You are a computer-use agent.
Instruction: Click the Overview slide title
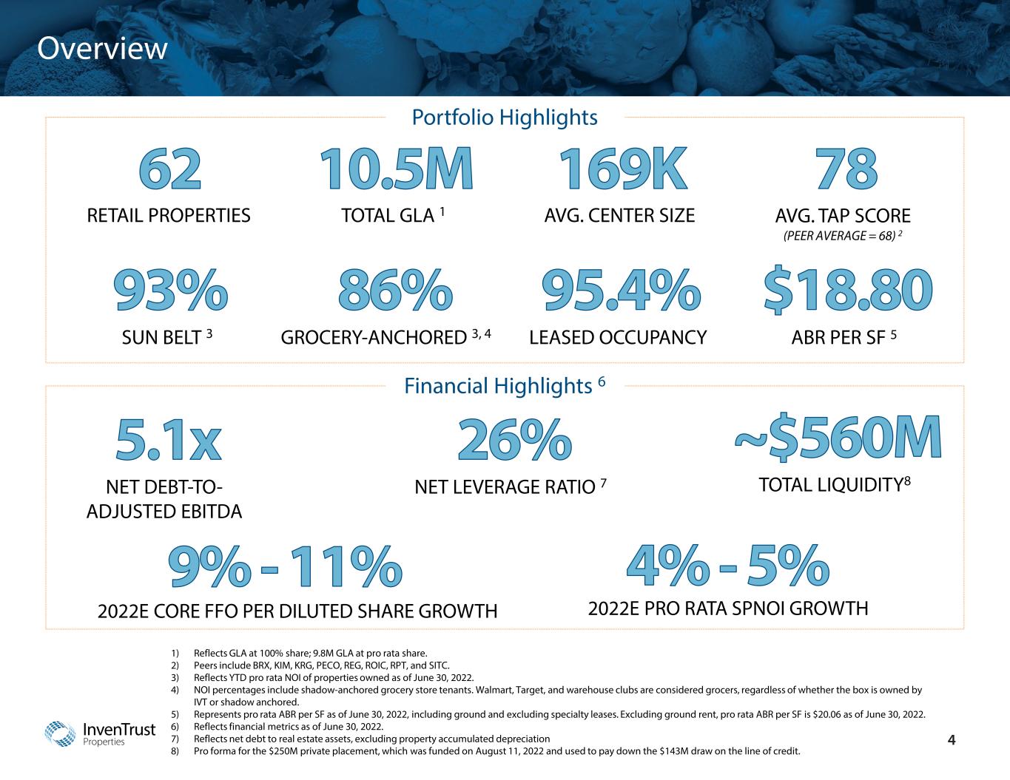click(x=103, y=49)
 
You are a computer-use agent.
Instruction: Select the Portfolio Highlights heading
click(x=504, y=117)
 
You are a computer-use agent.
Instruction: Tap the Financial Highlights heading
click(x=505, y=385)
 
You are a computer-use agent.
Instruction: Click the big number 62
click(x=169, y=169)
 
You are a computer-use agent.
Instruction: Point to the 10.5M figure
click(x=396, y=169)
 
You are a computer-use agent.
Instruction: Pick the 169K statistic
click(x=622, y=169)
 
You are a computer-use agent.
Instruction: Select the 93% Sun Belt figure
click(x=170, y=290)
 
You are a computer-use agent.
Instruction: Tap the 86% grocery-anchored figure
click(x=395, y=290)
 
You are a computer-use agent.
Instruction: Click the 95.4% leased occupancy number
click(x=622, y=290)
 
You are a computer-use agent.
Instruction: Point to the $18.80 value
click(x=847, y=290)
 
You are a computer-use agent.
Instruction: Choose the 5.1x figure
click(x=168, y=441)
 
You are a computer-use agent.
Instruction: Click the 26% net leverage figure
click(x=514, y=441)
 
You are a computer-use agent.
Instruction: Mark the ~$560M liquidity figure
click(x=838, y=438)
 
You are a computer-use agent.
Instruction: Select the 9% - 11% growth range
click(x=285, y=568)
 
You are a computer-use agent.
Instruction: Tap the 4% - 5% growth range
click(x=727, y=566)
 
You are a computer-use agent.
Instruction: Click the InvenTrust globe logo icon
click(x=61, y=733)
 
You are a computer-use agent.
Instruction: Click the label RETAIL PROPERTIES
click(x=169, y=216)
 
